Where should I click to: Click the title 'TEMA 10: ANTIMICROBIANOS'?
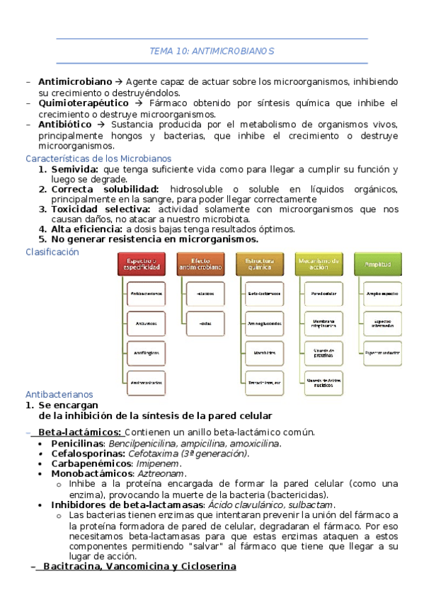[x=212, y=51]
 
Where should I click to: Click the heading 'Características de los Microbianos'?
[x=98, y=158]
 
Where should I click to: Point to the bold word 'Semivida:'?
[x=74, y=170]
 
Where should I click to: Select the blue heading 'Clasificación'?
[x=52, y=252]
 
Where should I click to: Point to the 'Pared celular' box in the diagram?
[x=323, y=292]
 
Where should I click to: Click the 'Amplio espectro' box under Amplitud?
[x=382, y=292]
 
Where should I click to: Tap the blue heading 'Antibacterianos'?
[x=59, y=395]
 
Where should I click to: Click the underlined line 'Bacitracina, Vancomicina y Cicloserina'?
[x=139, y=567]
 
